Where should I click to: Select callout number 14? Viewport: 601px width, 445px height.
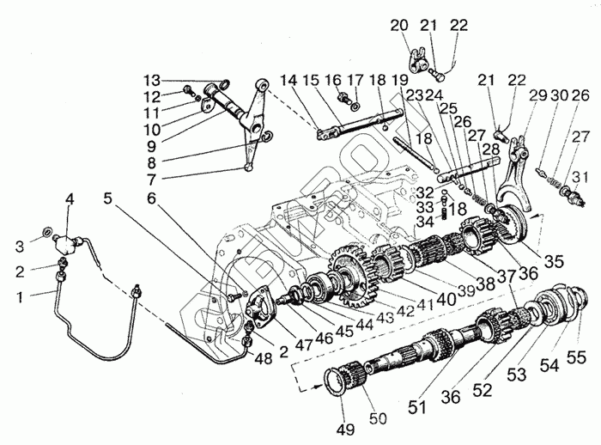click(290, 78)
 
